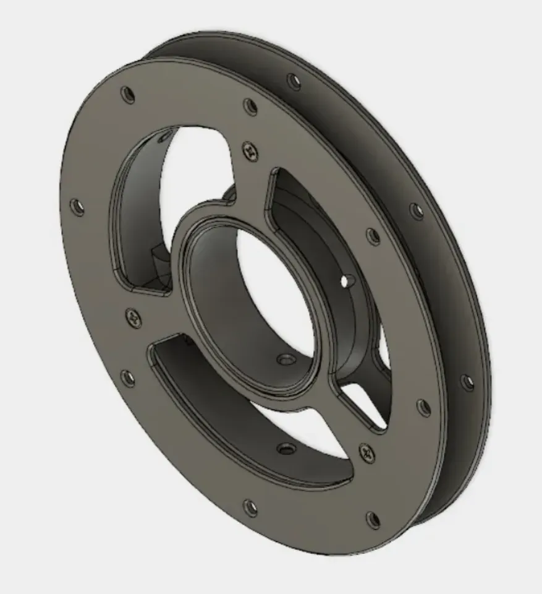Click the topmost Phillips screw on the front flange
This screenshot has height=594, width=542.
tap(250, 149)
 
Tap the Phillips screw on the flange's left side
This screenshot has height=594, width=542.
tap(133, 318)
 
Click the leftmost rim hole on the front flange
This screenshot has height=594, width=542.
tap(77, 207)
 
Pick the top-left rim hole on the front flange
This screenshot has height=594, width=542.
tap(129, 95)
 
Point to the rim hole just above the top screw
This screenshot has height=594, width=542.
tap(250, 106)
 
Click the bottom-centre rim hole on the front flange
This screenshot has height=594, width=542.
tap(250, 507)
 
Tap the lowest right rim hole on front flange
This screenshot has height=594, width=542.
tap(373, 519)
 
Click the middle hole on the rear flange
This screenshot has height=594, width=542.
tap(418, 211)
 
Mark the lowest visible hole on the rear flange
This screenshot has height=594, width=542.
tap(468, 382)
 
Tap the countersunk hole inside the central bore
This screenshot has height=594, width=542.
tap(285, 359)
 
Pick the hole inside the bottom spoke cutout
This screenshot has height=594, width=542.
tap(285, 447)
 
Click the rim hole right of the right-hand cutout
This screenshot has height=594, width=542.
tap(373, 236)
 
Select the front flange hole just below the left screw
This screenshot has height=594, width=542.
tap(127, 377)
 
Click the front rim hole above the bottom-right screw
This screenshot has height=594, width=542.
tap(423, 407)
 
